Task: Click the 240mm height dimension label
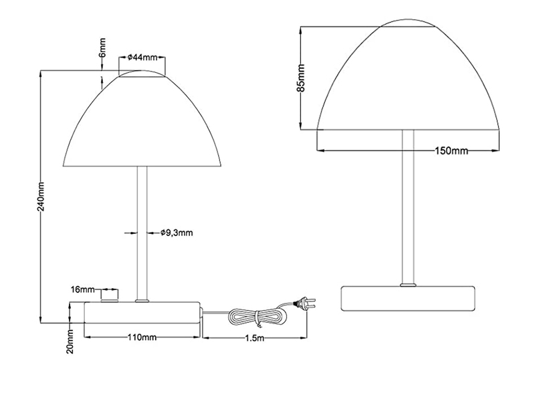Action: click(x=41, y=196)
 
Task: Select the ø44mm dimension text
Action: click(x=141, y=57)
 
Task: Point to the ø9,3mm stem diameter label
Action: click(x=177, y=233)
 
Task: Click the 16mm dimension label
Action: click(x=83, y=289)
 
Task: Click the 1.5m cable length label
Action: click(x=255, y=338)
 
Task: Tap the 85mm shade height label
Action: click(x=302, y=78)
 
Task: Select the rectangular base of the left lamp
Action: click(x=142, y=313)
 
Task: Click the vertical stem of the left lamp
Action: click(x=141, y=234)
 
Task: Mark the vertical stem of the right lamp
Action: click(x=407, y=207)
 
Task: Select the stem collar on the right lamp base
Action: click(x=407, y=285)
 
